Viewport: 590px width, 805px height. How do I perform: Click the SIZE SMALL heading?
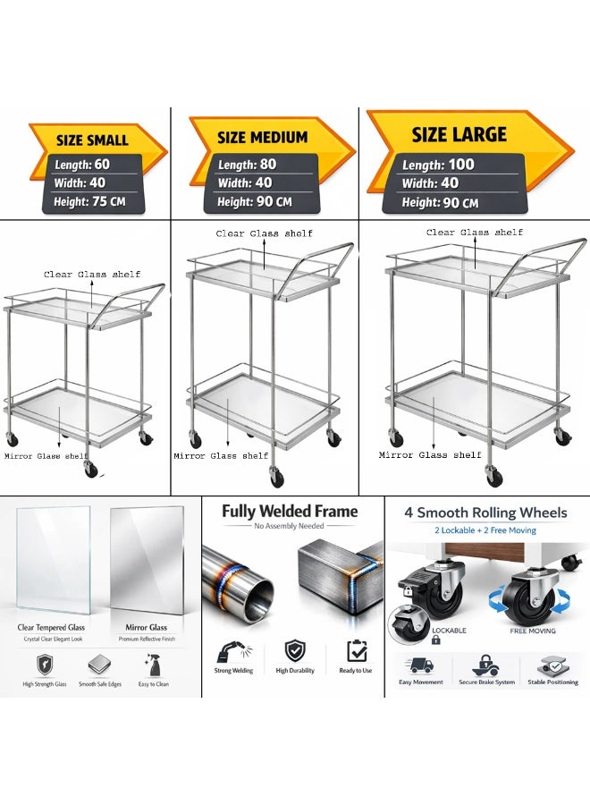pyautogui.click(x=92, y=140)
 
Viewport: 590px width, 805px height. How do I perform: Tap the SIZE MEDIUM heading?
pyautogui.click(x=262, y=138)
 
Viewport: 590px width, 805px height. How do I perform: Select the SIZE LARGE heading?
pyautogui.click(x=459, y=134)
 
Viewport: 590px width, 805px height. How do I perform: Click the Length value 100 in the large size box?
pyautogui.click(x=461, y=165)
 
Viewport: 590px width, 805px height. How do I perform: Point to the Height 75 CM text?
pyautogui.click(x=89, y=202)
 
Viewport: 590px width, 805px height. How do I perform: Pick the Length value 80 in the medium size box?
pyautogui.click(x=268, y=165)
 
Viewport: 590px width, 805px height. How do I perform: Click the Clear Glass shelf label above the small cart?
pyautogui.click(x=92, y=275)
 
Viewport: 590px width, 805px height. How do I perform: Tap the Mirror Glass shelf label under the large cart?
pyautogui.click(x=430, y=455)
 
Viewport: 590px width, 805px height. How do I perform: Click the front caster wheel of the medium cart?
pyautogui.click(x=276, y=478)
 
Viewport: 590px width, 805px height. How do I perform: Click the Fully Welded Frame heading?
pyautogui.click(x=290, y=512)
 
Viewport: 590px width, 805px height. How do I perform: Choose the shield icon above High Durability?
pyautogui.click(x=295, y=650)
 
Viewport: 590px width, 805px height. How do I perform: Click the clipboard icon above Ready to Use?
pyautogui.click(x=357, y=650)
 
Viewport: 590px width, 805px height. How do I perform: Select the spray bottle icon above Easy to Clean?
pyautogui.click(x=153, y=665)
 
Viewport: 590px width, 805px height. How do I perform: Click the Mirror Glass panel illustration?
pyautogui.click(x=147, y=560)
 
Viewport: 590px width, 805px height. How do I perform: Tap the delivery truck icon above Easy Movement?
pyautogui.click(x=421, y=665)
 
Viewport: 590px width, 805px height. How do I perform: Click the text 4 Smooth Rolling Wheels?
pyautogui.click(x=485, y=513)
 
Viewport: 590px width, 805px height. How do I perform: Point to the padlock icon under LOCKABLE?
pyautogui.click(x=435, y=640)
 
